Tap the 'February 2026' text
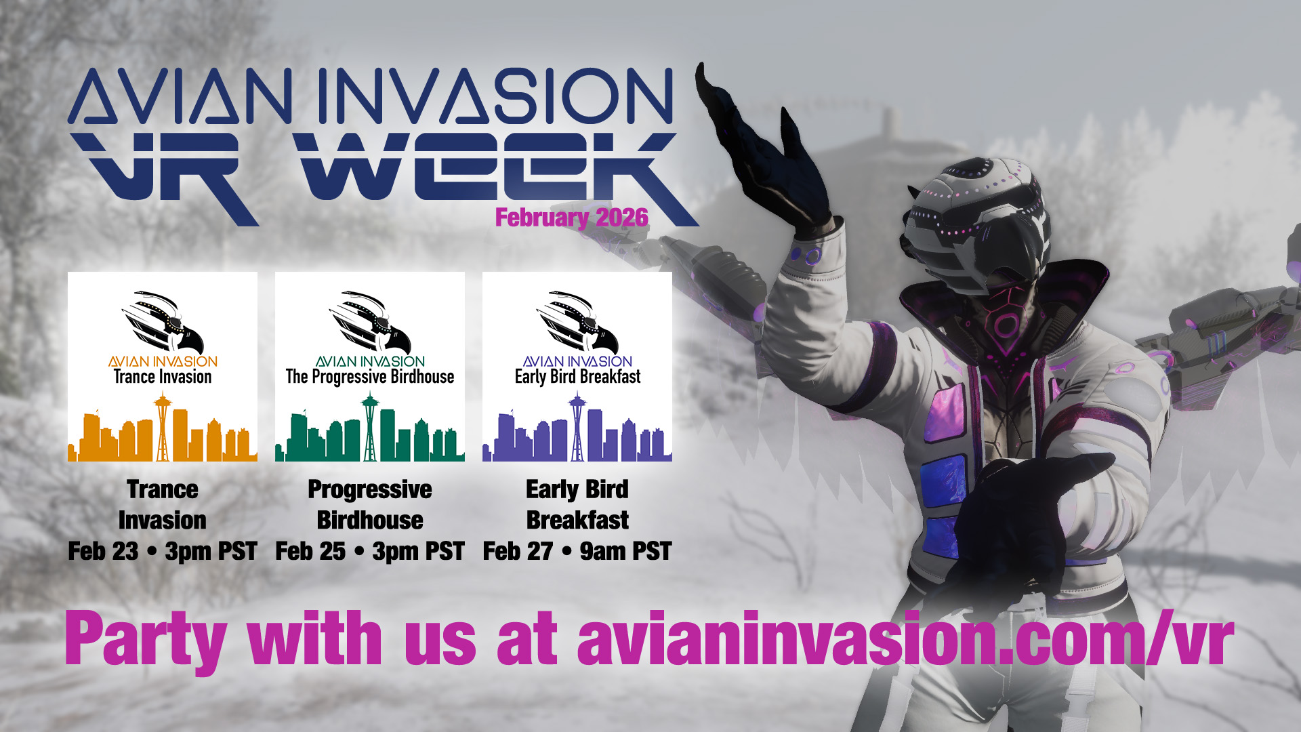pyautogui.click(x=571, y=218)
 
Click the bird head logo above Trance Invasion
pyautogui.click(x=163, y=323)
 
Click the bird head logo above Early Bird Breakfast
pyautogui.click(x=577, y=323)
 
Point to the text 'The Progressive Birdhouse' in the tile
pyautogui.click(x=370, y=377)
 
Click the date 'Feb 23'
pyautogui.click(x=103, y=551)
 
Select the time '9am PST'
pyautogui.click(x=625, y=551)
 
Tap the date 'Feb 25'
pyautogui.click(x=310, y=551)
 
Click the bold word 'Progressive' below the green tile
pyautogui.click(x=370, y=489)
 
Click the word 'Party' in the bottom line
pyautogui.click(x=145, y=639)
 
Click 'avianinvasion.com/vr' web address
pyautogui.click(x=905, y=639)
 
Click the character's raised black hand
pyautogui.click(x=766, y=156)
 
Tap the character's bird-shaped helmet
pyautogui.click(x=976, y=217)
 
